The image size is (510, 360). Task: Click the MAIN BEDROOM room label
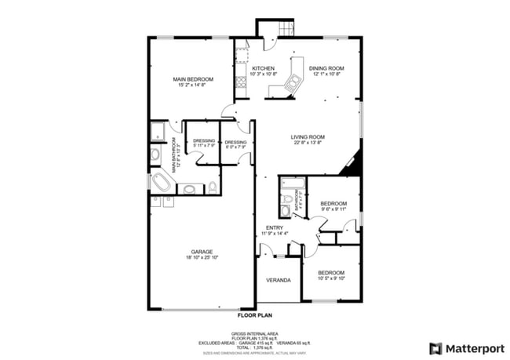click(x=189, y=78)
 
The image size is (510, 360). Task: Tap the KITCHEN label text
click(x=263, y=69)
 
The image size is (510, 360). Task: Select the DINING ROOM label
click(x=325, y=69)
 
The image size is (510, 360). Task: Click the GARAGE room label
click(x=201, y=251)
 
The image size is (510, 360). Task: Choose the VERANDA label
click(x=278, y=280)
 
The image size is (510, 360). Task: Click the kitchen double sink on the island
click(x=295, y=77)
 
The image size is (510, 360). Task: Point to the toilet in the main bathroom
click(x=212, y=187)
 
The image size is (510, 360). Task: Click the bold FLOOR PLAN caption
click(x=254, y=315)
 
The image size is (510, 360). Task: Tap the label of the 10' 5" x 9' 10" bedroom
click(x=331, y=273)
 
